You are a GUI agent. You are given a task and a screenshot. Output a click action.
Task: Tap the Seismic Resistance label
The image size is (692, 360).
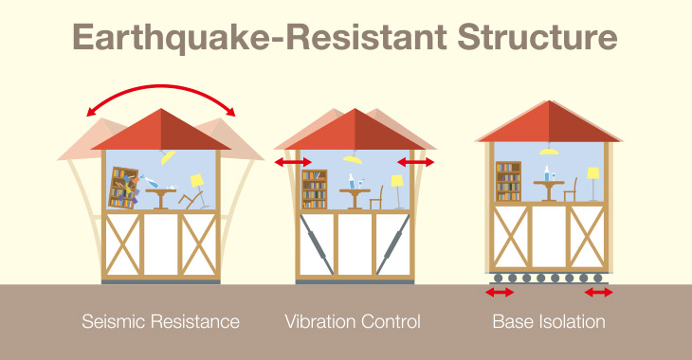click(x=160, y=322)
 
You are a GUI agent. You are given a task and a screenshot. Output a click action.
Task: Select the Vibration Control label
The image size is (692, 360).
click(x=353, y=322)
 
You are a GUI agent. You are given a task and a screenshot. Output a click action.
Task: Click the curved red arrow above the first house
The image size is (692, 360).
click(x=161, y=92)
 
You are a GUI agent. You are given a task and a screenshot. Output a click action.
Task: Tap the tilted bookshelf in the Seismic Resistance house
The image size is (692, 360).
click(x=121, y=188)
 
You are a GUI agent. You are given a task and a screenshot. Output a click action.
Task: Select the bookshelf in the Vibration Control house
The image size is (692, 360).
click(x=314, y=189)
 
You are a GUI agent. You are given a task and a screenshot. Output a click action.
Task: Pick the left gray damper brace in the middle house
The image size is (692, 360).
click(x=315, y=244)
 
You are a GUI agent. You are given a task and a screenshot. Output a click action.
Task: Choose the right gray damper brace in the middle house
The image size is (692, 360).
click(x=395, y=244)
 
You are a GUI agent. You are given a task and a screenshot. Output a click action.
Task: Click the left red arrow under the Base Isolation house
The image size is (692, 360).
click(x=500, y=293)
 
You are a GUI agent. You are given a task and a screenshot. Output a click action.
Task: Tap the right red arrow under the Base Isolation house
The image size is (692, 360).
click(x=599, y=293)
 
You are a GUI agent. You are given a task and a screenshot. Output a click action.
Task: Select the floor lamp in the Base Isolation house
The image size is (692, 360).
click(x=592, y=184)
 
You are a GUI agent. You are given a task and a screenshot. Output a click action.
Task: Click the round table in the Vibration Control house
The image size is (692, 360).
click(x=355, y=193)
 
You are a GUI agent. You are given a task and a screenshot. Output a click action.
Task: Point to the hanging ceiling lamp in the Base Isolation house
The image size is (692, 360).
click(x=548, y=150)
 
